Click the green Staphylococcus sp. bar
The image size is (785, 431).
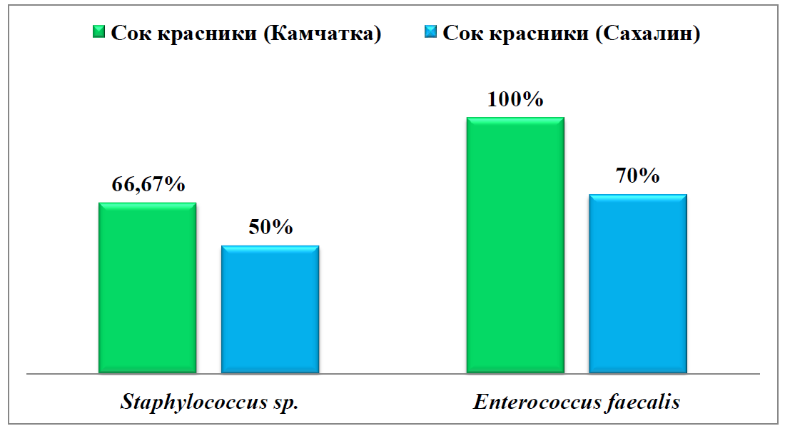pos(147,288)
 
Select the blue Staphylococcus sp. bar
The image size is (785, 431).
pos(270,309)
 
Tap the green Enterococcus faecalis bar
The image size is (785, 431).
pos(515,245)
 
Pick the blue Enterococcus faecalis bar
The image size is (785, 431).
pos(637,283)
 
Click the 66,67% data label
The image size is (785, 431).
pos(148,185)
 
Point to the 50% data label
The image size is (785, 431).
pos(270,228)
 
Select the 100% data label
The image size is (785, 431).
pos(515,99)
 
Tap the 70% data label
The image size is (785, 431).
pos(638,176)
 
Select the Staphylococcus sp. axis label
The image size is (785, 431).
pos(208,402)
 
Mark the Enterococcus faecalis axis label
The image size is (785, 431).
pos(576,402)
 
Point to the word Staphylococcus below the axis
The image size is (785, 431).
pos(193,402)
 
